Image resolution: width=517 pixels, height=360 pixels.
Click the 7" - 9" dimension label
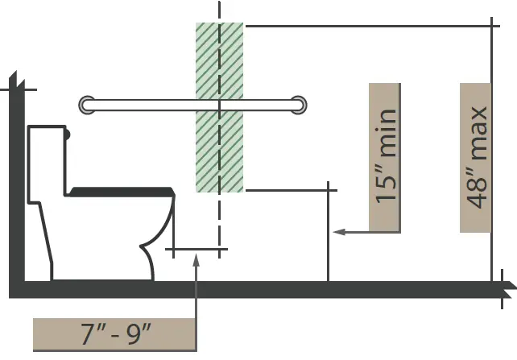(114, 334)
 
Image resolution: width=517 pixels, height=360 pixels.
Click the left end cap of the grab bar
(87, 106)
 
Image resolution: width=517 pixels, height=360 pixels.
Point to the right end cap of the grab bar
(299, 106)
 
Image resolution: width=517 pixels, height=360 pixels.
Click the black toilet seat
(122, 192)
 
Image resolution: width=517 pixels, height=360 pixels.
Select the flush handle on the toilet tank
(68, 134)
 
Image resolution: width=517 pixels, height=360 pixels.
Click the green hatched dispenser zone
(220, 107)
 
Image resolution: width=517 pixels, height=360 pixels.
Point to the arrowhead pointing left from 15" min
(339, 232)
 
